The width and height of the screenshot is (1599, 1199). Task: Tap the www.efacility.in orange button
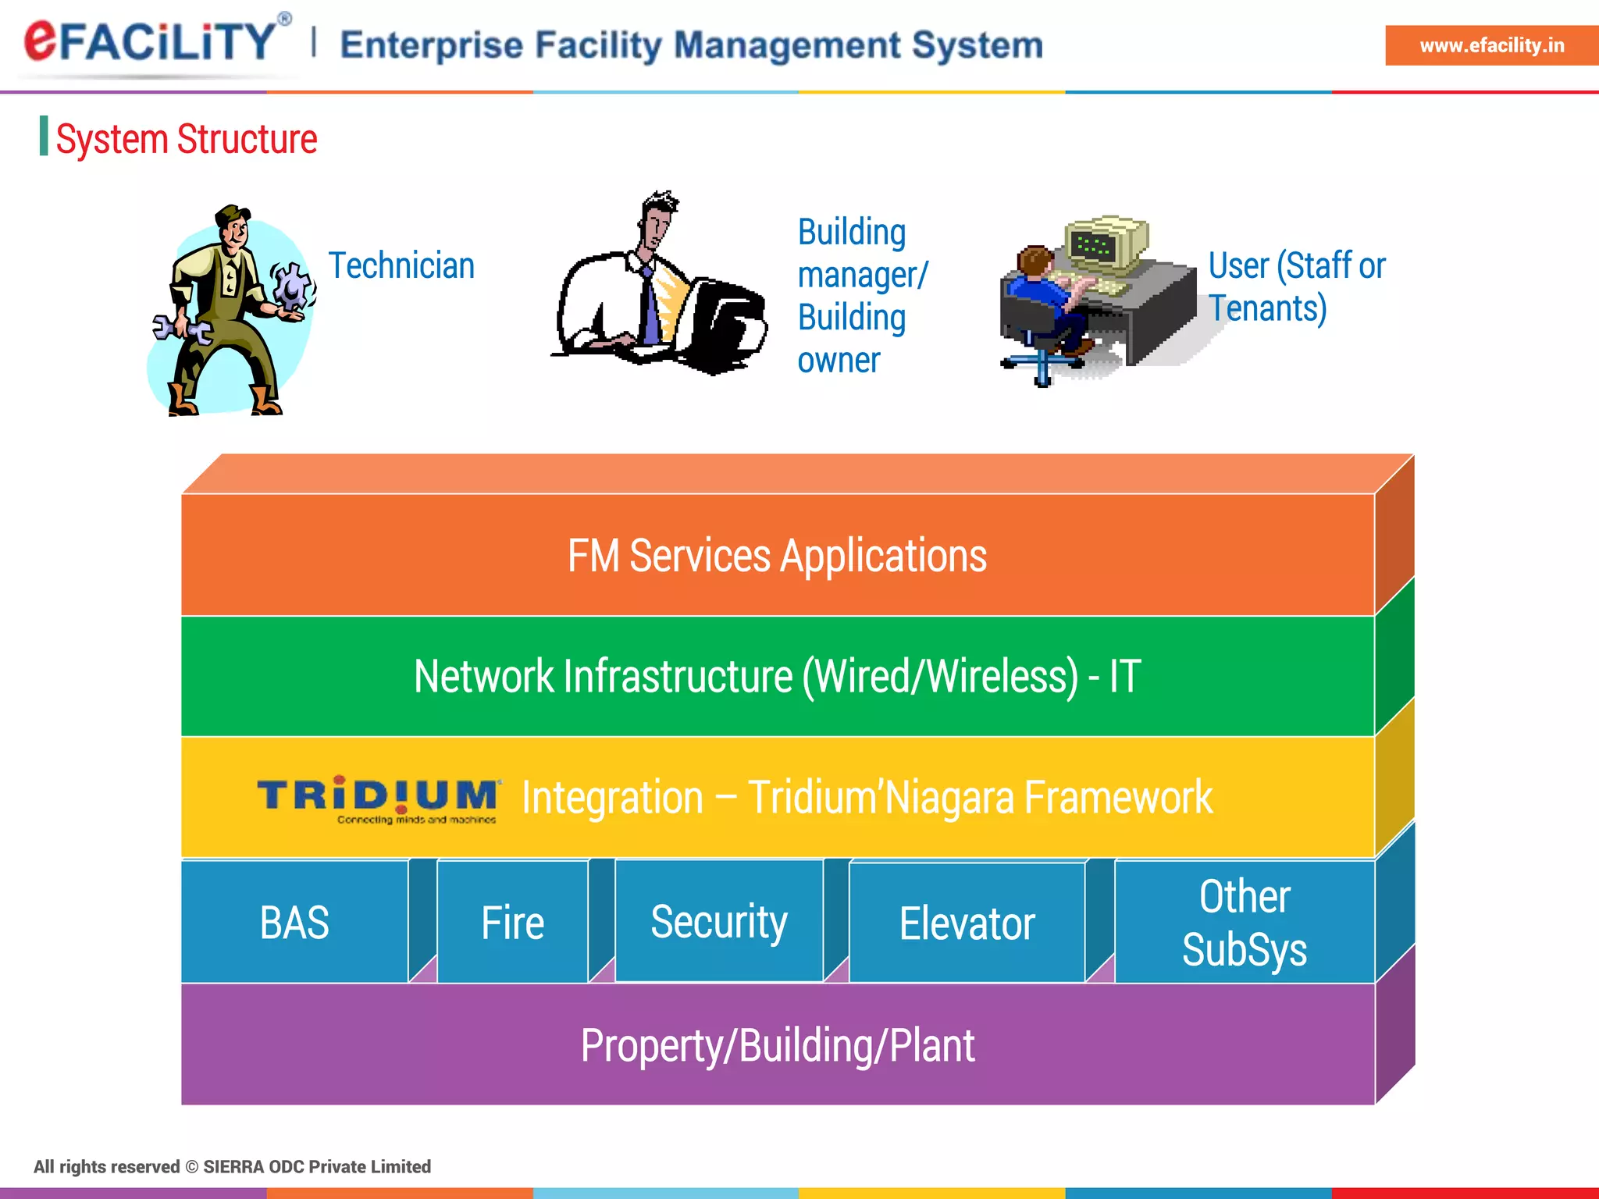(1490, 45)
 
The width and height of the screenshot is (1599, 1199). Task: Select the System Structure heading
(186, 139)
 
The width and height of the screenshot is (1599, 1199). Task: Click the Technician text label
(401, 265)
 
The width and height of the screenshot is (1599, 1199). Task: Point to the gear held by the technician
(293, 286)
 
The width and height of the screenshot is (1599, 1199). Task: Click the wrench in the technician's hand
(181, 328)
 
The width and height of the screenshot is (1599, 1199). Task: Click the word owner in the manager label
(839, 361)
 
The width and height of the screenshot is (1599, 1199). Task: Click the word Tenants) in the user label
(1268, 308)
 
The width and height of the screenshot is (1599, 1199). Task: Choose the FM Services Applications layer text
(777, 556)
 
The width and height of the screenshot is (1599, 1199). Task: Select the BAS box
(294, 923)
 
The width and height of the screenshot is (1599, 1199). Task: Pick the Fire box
(512, 923)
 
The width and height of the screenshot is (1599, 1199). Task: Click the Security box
(719, 922)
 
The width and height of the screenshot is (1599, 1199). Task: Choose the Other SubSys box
(1245, 923)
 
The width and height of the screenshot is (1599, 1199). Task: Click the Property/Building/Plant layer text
(777, 1045)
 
